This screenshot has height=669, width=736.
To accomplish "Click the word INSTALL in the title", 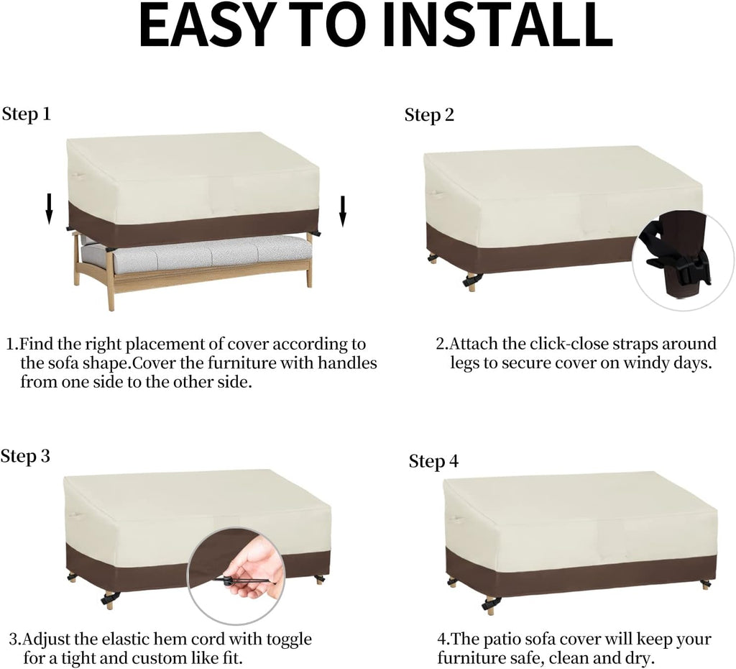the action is [498, 26].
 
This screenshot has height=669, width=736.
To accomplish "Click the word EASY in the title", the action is [206, 26].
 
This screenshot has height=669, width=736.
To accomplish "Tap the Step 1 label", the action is [27, 114].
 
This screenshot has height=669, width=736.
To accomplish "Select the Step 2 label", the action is [430, 115].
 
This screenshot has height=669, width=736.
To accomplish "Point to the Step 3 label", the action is [25, 456].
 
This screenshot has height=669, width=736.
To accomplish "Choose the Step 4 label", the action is [433, 461].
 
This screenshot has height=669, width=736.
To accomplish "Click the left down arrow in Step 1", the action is [49, 209].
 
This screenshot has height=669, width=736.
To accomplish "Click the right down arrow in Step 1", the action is [343, 211].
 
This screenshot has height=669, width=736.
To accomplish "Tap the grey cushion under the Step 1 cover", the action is [196, 254].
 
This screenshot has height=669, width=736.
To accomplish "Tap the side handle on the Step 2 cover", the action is [435, 194].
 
